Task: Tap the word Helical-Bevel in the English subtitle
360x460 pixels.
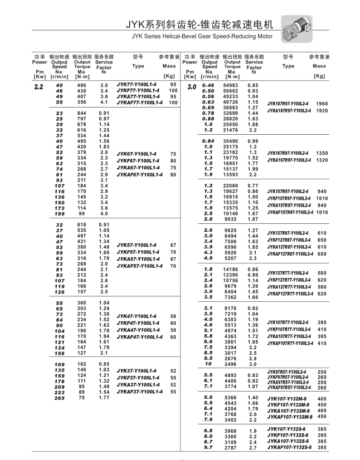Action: coord(177,37)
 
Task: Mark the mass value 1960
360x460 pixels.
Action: coord(322,104)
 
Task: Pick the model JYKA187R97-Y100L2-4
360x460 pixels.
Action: coord(289,110)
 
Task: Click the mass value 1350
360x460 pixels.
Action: coord(322,153)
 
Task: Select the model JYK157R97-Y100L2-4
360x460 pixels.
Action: coord(289,190)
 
